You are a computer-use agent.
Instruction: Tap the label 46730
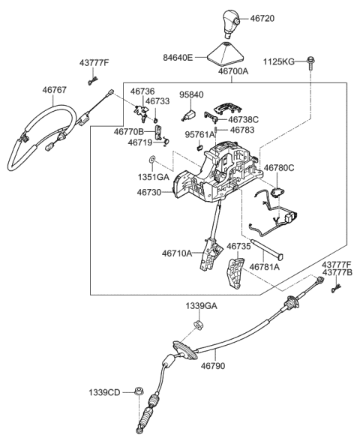[152, 193]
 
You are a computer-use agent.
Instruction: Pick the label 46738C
[242, 119]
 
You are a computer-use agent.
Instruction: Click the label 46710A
[175, 253]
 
